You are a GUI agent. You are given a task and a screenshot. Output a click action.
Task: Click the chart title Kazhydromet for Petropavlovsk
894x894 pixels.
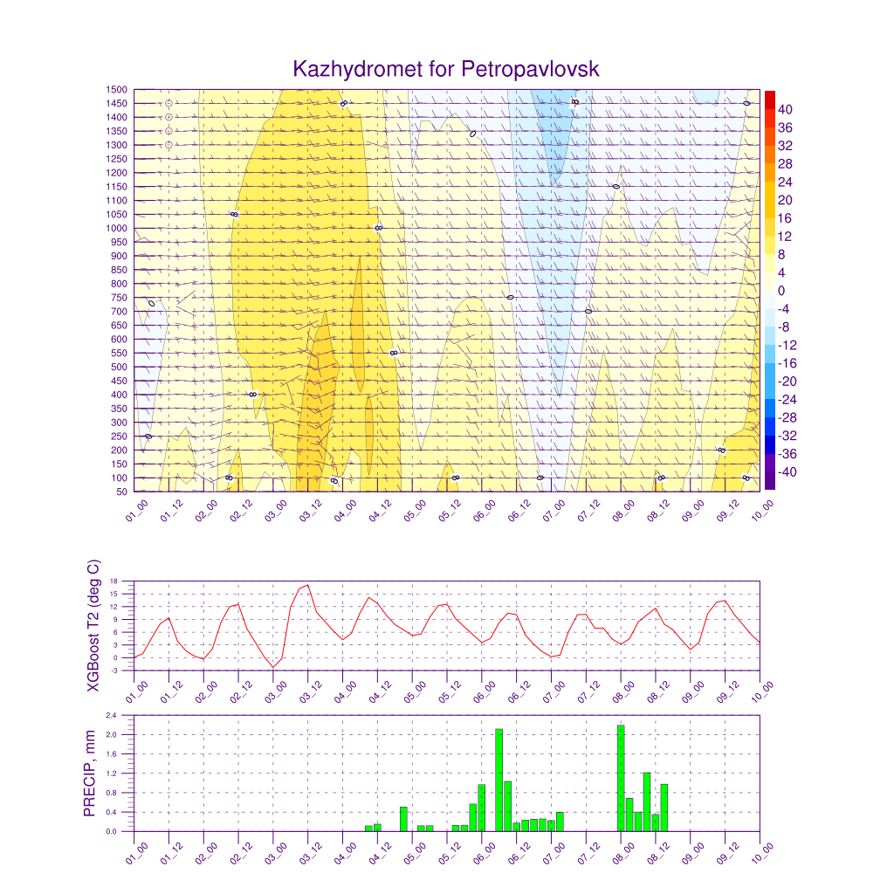446,69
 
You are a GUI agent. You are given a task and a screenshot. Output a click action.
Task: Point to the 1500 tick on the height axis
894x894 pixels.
115,89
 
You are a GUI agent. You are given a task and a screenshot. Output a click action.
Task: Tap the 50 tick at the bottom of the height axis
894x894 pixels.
120,492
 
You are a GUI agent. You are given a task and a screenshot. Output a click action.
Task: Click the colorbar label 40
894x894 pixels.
785,109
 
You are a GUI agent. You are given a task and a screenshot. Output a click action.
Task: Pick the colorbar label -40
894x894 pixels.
783,472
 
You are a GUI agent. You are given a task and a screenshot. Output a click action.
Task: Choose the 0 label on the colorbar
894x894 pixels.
781,291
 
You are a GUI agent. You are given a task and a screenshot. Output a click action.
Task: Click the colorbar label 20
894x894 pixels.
785,200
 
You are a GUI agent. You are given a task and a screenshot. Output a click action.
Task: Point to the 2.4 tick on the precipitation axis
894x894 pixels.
112,715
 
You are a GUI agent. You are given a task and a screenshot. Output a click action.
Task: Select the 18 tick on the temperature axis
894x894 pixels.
113,581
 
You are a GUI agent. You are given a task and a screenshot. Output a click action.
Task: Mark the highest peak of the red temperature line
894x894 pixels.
307,585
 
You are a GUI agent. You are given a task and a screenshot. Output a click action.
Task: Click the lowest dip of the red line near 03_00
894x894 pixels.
273,667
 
